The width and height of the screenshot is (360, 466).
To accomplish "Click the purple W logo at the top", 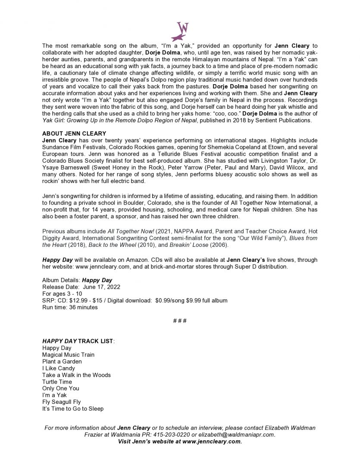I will [180, 31].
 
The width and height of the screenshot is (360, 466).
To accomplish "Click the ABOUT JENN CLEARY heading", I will [74, 134].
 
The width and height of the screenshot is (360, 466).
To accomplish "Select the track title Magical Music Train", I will [68, 355].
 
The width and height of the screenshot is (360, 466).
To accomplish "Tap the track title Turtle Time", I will [57, 382].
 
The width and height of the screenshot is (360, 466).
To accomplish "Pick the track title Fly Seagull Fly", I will [61, 402].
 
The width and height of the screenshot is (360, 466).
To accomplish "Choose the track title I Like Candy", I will [58, 368].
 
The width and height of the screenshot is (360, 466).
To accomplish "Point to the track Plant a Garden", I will [62, 362].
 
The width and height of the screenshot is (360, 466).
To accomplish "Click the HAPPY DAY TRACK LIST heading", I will [78, 341].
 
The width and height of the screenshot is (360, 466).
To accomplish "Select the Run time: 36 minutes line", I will [70, 307].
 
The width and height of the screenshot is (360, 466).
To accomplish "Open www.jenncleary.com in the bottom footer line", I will [211, 441].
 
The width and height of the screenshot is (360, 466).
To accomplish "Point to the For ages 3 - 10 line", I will [62, 294].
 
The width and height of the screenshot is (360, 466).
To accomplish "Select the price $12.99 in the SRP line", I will [86, 300].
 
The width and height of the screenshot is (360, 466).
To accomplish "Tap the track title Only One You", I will [60, 388].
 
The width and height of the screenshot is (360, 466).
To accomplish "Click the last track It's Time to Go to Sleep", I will [72, 409].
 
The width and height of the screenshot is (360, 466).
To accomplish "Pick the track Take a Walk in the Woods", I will [76, 375].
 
